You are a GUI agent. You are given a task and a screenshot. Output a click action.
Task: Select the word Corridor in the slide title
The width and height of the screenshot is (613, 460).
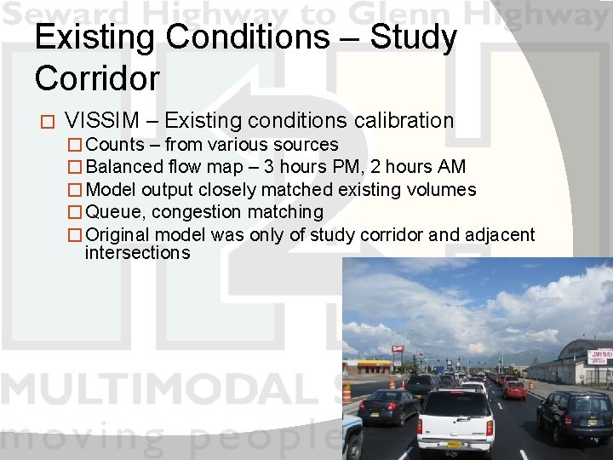pos(97,78)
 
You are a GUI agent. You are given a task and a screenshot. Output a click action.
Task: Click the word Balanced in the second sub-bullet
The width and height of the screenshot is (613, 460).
pos(125,167)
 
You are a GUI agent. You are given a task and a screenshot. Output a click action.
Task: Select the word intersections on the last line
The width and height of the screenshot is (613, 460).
pos(137,253)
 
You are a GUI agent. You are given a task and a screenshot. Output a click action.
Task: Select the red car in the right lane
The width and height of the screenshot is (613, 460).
pos(513,390)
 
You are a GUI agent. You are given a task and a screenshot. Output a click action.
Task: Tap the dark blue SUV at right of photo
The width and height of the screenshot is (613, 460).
pos(575,415)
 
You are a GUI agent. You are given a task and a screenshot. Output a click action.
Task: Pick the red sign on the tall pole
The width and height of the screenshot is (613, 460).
pos(398,350)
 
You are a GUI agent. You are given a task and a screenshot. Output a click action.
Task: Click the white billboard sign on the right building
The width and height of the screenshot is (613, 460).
pos(599,356)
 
